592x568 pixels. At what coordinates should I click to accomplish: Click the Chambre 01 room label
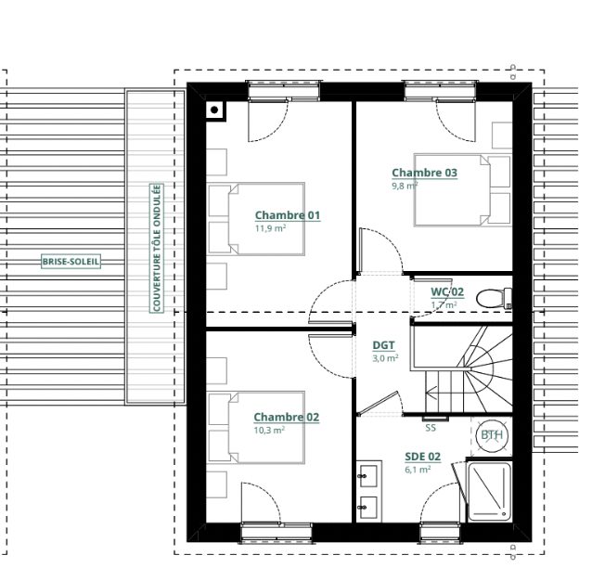click(x=288, y=215)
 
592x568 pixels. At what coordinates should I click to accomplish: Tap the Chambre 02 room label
click(x=286, y=417)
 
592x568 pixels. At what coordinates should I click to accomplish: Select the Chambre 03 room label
click(x=424, y=173)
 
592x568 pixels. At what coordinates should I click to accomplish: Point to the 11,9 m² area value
click(x=270, y=228)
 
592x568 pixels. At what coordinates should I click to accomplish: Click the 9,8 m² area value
click(x=405, y=186)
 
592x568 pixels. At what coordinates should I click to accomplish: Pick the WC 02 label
click(x=447, y=291)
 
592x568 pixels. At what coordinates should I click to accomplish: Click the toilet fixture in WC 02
click(x=494, y=298)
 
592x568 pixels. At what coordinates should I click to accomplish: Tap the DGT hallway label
click(x=383, y=345)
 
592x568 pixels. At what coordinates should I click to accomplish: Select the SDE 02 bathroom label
click(x=422, y=457)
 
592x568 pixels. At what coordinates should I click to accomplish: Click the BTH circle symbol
click(x=492, y=435)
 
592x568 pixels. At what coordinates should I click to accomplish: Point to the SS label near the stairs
click(x=431, y=428)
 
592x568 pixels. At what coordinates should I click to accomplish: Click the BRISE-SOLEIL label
click(x=71, y=262)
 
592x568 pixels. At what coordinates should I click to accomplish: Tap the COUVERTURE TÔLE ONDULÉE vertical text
click(x=156, y=248)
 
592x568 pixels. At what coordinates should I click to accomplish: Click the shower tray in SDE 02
click(x=489, y=492)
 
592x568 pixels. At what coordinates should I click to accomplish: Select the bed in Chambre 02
click(x=256, y=428)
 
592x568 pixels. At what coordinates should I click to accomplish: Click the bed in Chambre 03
click(x=462, y=190)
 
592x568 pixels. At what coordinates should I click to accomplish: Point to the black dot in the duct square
click(x=214, y=110)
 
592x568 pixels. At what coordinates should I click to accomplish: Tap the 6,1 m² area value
click(x=418, y=470)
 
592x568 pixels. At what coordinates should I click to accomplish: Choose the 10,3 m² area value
click(x=269, y=430)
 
